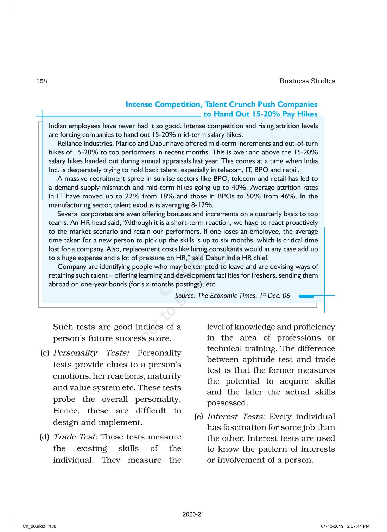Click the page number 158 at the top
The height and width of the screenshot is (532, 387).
(x=42, y=81)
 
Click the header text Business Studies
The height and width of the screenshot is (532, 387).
(x=307, y=81)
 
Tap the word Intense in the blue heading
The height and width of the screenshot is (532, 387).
(x=139, y=104)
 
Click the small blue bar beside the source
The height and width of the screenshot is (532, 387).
(x=306, y=297)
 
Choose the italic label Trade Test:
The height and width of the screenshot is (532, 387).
(x=75, y=437)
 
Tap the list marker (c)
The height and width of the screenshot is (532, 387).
(x=45, y=353)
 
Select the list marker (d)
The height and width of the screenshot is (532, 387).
(x=45, y=437)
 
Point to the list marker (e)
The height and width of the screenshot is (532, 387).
(x=199, y=417)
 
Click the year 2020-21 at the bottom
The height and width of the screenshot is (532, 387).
(x=193, y=514)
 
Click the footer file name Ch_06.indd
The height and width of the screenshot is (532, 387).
(x=34, y=526)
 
